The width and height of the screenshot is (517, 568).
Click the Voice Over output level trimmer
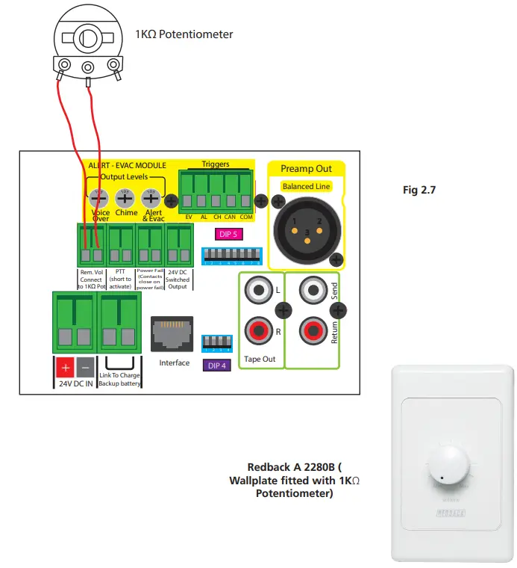pyautogui.click(x=97, y=198)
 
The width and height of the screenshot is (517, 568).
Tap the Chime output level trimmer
pyautogui.click(x=125, y=198)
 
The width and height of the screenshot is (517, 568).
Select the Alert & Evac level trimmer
pyautogui.click(x=151, y=198)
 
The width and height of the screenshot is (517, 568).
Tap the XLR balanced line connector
pyautogui.click(x=306, y=228)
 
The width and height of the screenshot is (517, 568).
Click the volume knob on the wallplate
pyautogui.click(x=448, y=469)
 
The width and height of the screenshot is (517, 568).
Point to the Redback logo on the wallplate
pyautogui.click(x=447, y=513)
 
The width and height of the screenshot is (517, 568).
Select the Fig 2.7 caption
pyautogui.click(x=419, y=191)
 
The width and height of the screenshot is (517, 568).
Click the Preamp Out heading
pyautogui.click(x=306, y=169)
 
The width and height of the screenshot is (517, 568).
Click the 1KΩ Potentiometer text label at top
pyautogui.click(x=184, y=34)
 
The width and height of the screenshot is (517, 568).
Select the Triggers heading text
pyautogui.click(x=216, y=164)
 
